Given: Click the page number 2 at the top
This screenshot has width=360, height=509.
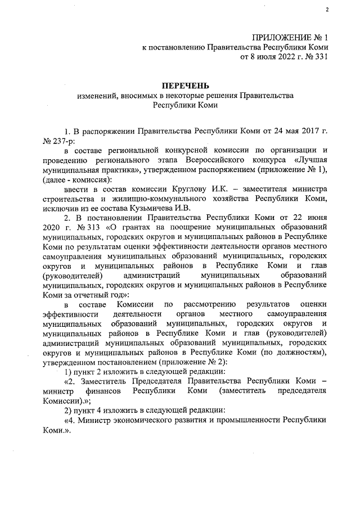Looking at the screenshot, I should point(326,10).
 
